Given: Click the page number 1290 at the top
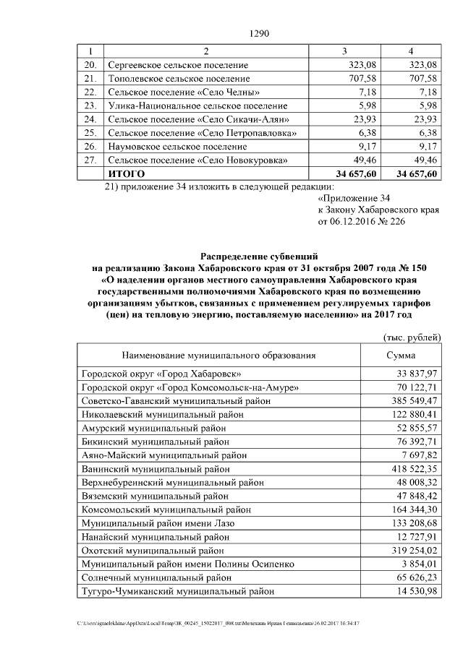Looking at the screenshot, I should coord(259,33).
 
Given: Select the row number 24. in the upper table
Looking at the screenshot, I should coord(90,119).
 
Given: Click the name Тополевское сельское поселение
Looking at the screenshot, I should coord(179,78).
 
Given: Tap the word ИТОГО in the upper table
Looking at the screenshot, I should coord(127,174).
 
